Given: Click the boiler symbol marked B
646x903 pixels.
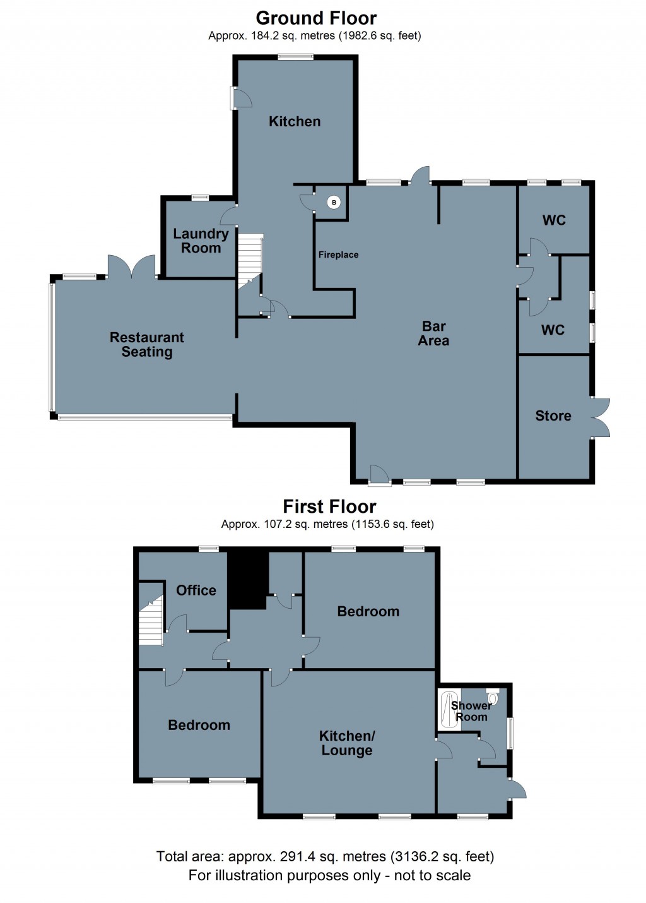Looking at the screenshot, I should click(x=334, y=203).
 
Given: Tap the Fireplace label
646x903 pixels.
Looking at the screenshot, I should click(x=338, y=254).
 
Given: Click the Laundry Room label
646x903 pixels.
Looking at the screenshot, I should click(x=201, y=241).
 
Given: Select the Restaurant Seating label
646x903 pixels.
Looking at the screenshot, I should click(x=147, y=344).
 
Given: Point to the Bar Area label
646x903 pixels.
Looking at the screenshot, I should click(x=433, y=333).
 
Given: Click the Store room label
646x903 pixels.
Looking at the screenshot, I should click(x=553, y=416).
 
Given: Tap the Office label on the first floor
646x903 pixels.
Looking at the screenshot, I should click(x=196, y=590).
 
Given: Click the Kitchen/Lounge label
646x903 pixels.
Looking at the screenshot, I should click(x=347, y=743).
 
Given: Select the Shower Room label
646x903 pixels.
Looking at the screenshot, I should click(x=471, y=711).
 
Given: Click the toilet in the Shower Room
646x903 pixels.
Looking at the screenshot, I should click(x=493, y=697).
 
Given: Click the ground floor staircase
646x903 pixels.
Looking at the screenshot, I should click(x=250, y=259).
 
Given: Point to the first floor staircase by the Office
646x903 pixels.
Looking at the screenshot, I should click(x=151, y=622).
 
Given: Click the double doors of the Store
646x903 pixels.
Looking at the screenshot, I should click(x=601, y=417).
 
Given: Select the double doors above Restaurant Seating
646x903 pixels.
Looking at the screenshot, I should click(x=132, y=268).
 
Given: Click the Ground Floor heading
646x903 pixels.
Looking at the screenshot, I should click(x=316, y=18).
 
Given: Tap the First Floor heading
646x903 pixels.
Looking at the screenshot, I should click(x=329, y=506).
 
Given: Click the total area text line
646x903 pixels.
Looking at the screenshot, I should click(x=325, y=856).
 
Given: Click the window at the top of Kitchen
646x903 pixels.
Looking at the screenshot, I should click(x=296, y=57).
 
